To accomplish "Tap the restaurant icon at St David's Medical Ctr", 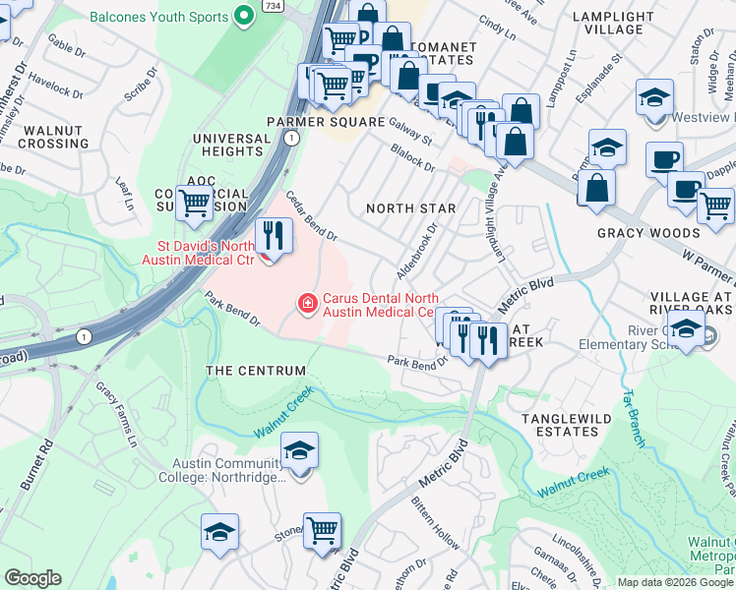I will pos(273,235).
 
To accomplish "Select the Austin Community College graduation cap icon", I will pos(299,450).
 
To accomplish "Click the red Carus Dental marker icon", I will pos(308,303).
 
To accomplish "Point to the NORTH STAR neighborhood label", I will pos(410,208).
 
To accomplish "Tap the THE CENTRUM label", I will pos(255,371).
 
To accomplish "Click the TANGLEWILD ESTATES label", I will pos(566,429).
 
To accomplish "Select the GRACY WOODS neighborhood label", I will pos(648,233).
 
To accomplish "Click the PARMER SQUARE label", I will pos(326,122).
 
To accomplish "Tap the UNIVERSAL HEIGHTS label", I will pos(228,146).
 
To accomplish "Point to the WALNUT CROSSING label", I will pos(56,137).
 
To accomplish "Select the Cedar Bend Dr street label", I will pos(311,216).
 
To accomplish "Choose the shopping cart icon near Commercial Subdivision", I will pos(195,203).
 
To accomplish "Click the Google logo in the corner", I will pos(32,578).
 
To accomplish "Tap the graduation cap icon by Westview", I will pos(652,99).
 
